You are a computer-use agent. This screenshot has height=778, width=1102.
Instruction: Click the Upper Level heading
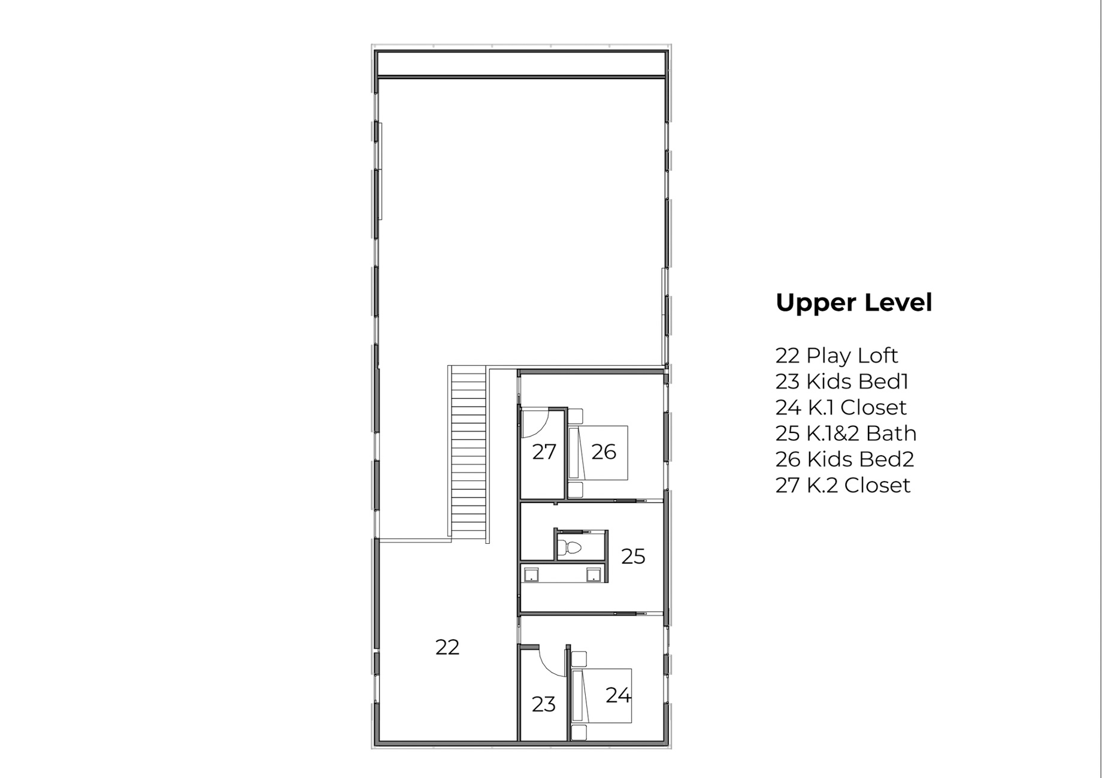pyautogui.click(x=853, y=303)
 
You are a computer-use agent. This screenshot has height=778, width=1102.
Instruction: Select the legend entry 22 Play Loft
pyautogui.click(x=837, y=356)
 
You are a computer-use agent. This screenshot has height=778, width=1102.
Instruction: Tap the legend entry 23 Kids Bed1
pyautogui.click(x=842, y=382)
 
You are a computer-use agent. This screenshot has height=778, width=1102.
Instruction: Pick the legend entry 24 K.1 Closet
pyautogui.click(x=841, y=407)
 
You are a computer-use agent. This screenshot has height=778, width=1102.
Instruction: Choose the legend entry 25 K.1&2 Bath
pyautogui.click(x=846, y=433)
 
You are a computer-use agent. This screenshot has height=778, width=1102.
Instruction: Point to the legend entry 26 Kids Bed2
pyautogui.click(x=844, y=459)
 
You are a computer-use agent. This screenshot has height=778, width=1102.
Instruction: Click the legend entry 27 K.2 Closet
pyautogui.click(x=843, y=485)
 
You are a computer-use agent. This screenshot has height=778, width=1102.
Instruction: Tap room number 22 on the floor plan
pyautogui.click(x=447, y=647)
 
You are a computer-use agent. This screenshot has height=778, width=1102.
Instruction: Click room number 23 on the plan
pyautogui.click(x=543, y=704)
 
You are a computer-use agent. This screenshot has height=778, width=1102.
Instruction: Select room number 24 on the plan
pyautogui.click(x=618, y=695)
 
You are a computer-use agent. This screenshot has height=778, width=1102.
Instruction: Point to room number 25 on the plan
pyautogui.click(x=633, y=557)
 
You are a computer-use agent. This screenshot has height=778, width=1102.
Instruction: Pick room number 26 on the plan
pyautogui.click(x=604, y=452)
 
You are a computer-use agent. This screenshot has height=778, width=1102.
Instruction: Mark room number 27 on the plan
pyautogui.click(x=544, y=452)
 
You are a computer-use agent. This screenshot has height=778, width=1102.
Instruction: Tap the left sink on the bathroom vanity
pyautogui.click(x=531, y=576)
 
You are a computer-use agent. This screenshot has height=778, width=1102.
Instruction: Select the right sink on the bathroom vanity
pyautogui.click(x=594, y=576)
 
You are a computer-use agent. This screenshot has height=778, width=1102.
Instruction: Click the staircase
pyautogui.click(x=468, y=454)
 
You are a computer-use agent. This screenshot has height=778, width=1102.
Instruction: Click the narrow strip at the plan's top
pyautogui.click(x=521, y=63)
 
